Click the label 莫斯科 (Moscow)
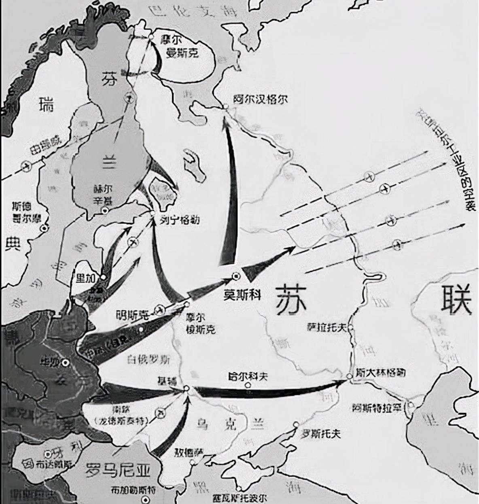242,294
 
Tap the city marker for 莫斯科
236,276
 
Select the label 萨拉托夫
326,328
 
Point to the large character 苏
291,299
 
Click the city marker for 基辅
186,388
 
